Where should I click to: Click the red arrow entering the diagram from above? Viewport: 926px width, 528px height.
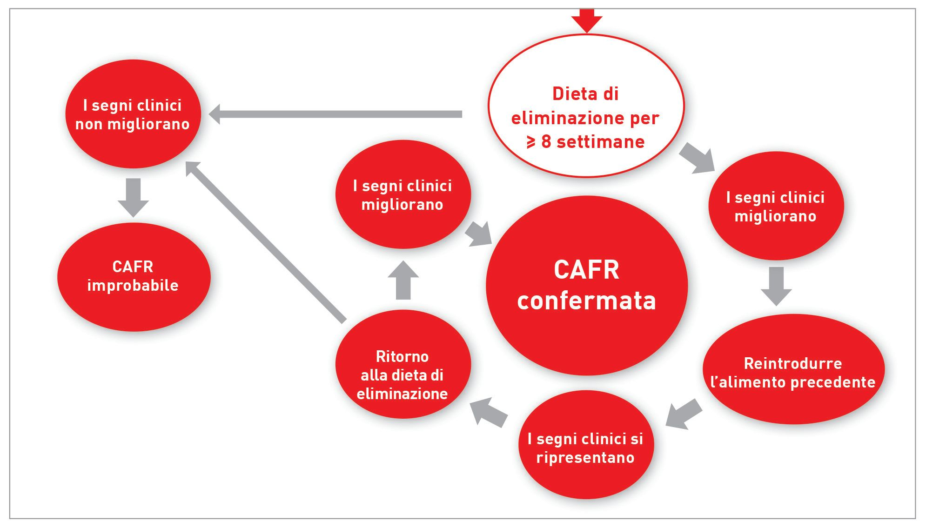(x=587, y=20)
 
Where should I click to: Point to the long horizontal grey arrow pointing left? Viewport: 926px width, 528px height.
(x=335, y=114)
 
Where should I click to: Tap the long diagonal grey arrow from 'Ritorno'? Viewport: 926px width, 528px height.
(x=265, y=241)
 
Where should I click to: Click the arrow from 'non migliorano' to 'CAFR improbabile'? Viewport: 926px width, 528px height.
(x=134, y=197)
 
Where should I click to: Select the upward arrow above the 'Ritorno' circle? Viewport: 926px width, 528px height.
(x=403, y=280)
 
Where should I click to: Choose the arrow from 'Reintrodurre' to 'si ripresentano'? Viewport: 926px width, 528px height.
(x=684, y=414)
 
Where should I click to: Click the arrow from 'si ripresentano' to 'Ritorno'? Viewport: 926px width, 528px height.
(x=489, y=411)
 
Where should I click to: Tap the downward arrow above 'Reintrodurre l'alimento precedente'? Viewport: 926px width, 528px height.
(x=776, y=286)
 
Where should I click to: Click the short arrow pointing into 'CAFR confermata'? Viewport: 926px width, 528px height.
(x=479, y=234)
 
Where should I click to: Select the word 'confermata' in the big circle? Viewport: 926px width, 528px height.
(x=586, y=301)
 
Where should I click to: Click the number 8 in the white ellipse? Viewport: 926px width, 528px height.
(x=546, y=142)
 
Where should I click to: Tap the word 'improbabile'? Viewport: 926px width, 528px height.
(x=133, y=285)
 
